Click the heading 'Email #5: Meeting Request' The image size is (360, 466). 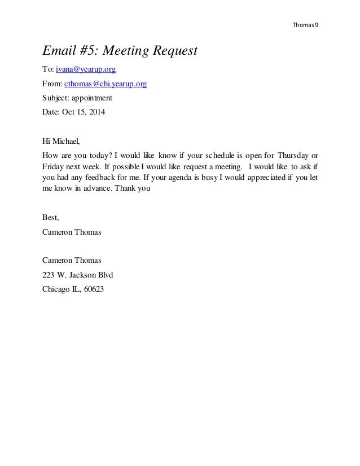pyautogui.click(x=120, y=51)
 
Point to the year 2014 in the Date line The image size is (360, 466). pyautogui.click(x=95, y=111)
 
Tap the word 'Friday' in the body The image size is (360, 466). pyautogui.click(x=54, y=168)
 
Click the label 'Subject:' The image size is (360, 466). pyautogui.click(x=55, y=97)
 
